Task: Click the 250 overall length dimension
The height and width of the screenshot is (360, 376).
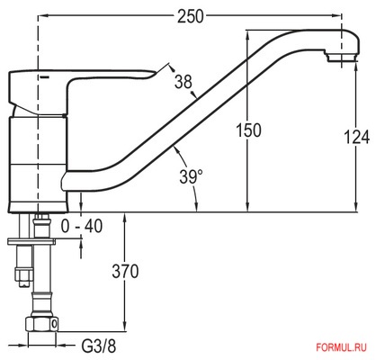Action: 190,16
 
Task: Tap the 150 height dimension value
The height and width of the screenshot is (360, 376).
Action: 248,130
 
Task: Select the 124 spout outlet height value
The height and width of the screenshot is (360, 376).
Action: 356,138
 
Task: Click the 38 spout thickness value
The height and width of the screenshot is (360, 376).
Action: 184,81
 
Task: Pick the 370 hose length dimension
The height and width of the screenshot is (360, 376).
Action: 125,272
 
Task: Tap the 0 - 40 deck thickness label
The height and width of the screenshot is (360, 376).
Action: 82,226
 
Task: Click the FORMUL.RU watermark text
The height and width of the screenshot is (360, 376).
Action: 341,347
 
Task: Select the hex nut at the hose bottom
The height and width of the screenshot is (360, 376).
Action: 41,323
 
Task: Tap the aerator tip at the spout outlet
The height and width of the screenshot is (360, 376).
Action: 343,57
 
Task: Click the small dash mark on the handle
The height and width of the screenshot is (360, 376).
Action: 44,77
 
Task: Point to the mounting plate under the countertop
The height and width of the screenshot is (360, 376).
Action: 31,241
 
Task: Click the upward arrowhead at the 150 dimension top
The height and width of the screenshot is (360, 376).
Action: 247,35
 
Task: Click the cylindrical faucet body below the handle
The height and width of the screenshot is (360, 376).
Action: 37,164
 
